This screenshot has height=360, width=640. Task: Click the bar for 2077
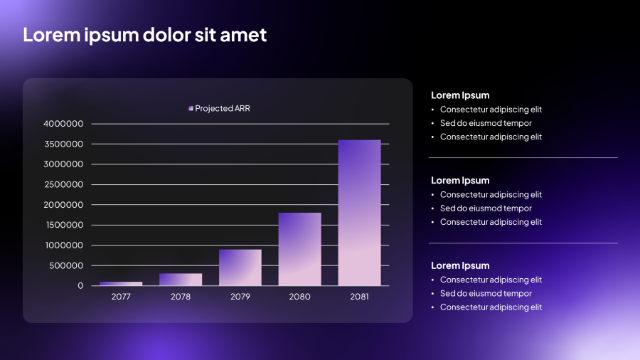click(x=121, y=284)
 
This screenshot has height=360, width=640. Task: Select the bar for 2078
click(x=181, y=280)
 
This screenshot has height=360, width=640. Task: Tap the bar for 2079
click(x=240, y=268)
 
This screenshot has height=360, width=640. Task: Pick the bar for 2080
click(x=299, y=249)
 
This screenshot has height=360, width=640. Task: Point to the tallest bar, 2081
click(x=359, y=213)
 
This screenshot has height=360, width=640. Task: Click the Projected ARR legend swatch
click(x=191, y=108)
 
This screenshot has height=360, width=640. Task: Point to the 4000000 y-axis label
click(x=64, y=124)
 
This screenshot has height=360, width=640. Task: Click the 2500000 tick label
click(x=64, y=184)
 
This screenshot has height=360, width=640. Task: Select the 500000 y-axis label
click(x=66, y=265)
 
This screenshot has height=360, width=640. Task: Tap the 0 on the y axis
click(x=80, y=286)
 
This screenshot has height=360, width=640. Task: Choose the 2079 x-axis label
click(x=240, y=297)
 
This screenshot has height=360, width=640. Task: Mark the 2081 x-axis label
click(x=359, y=297)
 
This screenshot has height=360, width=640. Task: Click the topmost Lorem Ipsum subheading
click(x=460, y=95)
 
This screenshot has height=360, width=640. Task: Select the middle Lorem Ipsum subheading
click(x=460, y=181)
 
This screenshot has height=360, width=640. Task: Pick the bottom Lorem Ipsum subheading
click(x=460, y=265)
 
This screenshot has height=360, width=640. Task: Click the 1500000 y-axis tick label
click(x=64, y=225)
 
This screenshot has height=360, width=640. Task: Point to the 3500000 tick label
click(x=64, y=144)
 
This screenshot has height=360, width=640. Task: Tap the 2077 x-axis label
click(x=121, y=297)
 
